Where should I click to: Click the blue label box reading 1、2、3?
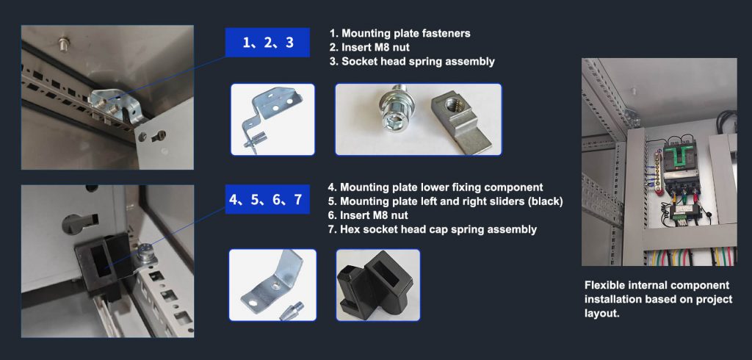[x=267, y=42]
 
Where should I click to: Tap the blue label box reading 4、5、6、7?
[x=267, y=199]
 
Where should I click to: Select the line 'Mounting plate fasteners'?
[x=405, y=33]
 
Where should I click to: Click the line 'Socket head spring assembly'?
[x=418, y=62]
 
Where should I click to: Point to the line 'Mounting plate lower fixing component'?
[x=441, y=187]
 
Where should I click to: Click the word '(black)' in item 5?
[x=546, y=201]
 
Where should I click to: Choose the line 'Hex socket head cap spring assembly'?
[x=438, y=229]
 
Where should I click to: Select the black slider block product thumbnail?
[x=378, y=284]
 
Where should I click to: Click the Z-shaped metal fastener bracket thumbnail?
[x=272, y=120]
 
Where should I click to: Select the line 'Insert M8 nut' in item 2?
[x=375, y=48]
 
